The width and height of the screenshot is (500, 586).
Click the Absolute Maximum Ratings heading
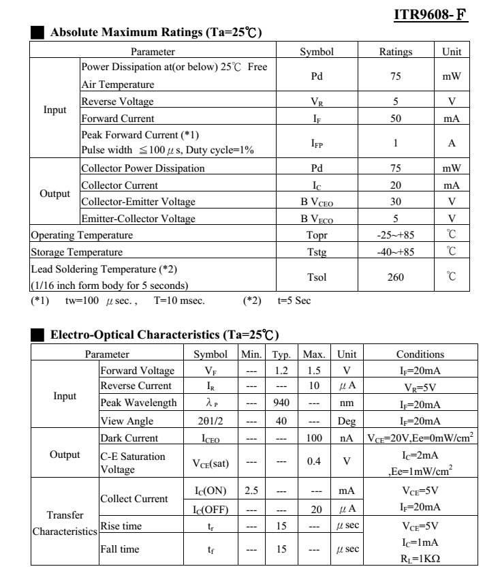[156, 32]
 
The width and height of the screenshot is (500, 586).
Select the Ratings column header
[396, 51]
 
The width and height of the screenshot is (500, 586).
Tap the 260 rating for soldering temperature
[396, 277]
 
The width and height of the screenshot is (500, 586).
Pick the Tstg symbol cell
[317, 251]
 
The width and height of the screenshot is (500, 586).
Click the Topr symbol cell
[317, 235]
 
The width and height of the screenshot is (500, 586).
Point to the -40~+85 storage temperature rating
[396, 251]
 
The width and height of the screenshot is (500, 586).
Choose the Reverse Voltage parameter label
[117, 102]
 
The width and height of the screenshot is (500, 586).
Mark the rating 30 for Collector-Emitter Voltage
[396, 202]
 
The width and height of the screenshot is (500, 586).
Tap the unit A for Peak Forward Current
[452, 143]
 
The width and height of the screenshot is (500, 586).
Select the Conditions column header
[420, 354]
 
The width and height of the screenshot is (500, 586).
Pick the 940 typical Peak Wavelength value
[281, 403]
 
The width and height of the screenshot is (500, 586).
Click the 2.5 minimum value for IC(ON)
[251, 491]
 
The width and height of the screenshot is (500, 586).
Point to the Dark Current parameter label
[129, 438]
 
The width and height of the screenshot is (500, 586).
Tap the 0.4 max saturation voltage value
[313, 461]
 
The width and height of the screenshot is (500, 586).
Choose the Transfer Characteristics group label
[65, 523]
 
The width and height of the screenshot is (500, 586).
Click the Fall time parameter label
[119, 549]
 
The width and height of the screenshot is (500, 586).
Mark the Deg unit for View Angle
[347, 421]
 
